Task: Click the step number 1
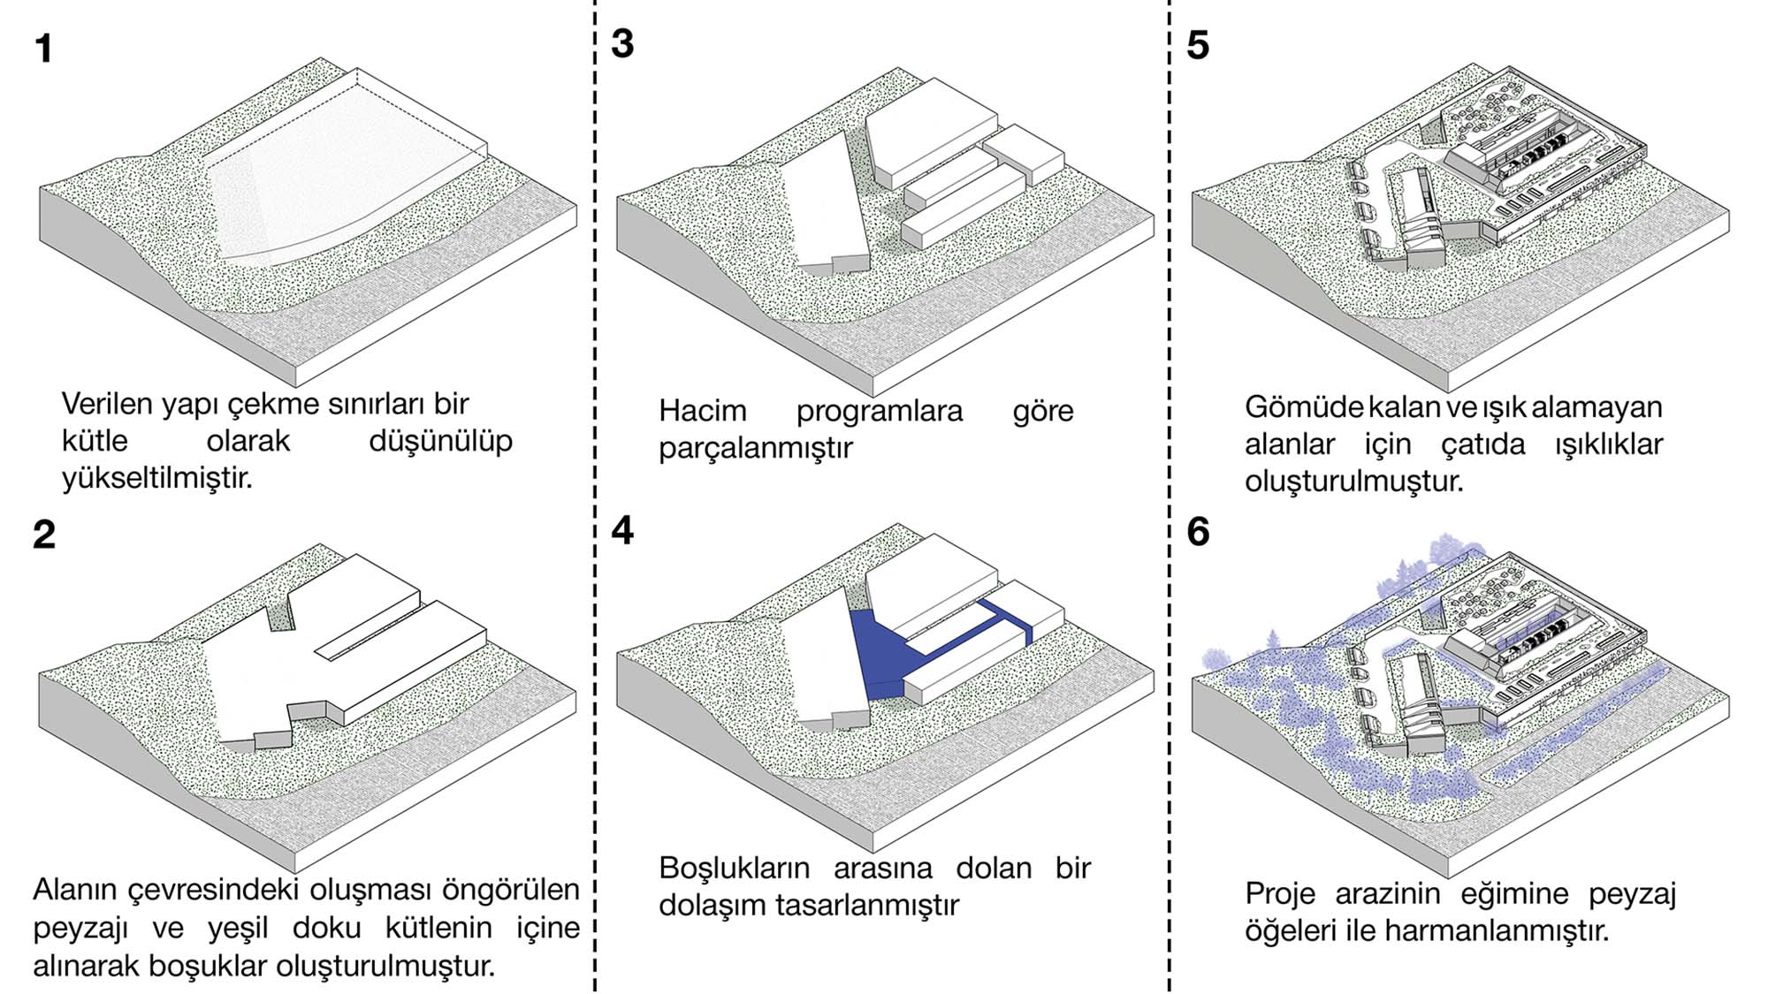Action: click(x=44, y=49)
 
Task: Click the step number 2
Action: click(x=44, y=535)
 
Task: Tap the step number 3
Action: click(x=622, y=44)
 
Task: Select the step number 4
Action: click(x=622, y=530)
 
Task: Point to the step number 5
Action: click(x=1198, y=45)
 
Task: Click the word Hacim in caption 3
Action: click(x=703, y=411)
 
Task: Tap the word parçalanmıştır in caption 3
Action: click(x=755, y=448)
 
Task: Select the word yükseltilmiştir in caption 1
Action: click(x=156, y=478)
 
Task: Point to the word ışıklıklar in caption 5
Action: click(x=1609, y=444)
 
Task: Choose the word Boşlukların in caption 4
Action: click(x=734, y=869)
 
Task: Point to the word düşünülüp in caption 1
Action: click(x=440, y=441)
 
